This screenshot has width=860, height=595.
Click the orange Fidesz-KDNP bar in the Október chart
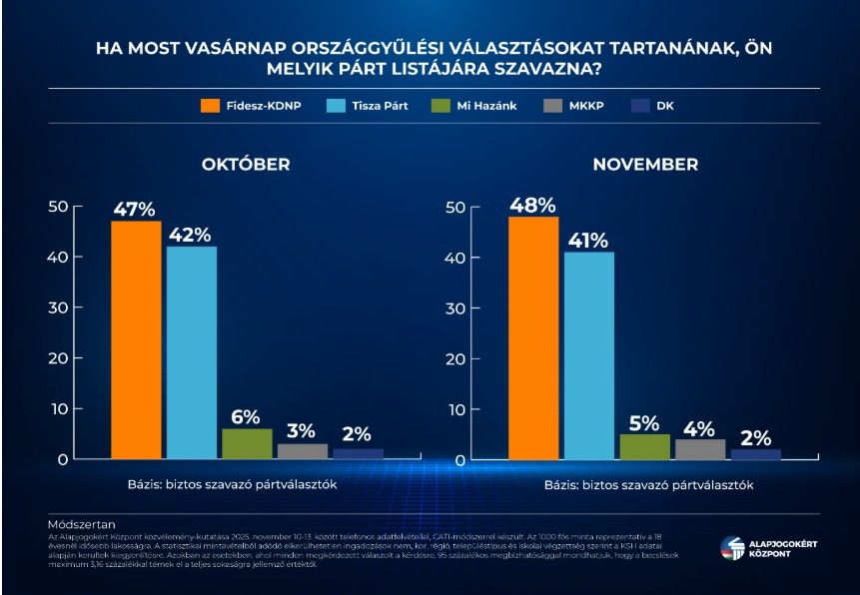point(135,339)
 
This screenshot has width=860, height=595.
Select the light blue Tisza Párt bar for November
point(589,355)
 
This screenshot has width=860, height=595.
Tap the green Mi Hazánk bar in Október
point(247,443)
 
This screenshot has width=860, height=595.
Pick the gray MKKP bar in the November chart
point(700,448)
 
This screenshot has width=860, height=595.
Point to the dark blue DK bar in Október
point(358,453)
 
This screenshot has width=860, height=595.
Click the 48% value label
point(532,205)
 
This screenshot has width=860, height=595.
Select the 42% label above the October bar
point(189,235)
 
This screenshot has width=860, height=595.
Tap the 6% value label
point(246,416)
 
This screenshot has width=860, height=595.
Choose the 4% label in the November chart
point(699,427)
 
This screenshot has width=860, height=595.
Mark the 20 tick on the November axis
point(455,358)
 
